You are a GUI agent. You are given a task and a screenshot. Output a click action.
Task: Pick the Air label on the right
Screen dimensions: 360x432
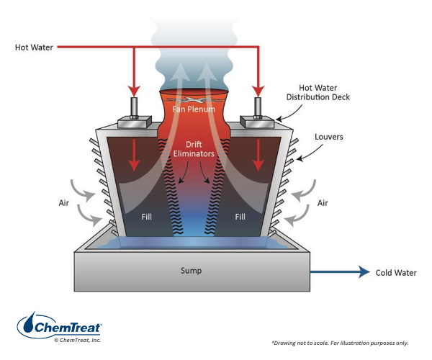click(323, 203)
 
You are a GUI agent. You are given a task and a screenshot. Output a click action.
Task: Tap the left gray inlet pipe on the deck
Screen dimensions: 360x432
click(134, 107)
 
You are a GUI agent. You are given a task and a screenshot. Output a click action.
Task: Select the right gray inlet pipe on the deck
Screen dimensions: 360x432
click(258, 107)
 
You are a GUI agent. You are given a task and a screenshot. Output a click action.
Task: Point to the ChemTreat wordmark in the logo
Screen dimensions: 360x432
click(72, 328)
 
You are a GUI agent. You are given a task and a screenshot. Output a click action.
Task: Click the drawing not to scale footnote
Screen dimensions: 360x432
click(339, 342)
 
